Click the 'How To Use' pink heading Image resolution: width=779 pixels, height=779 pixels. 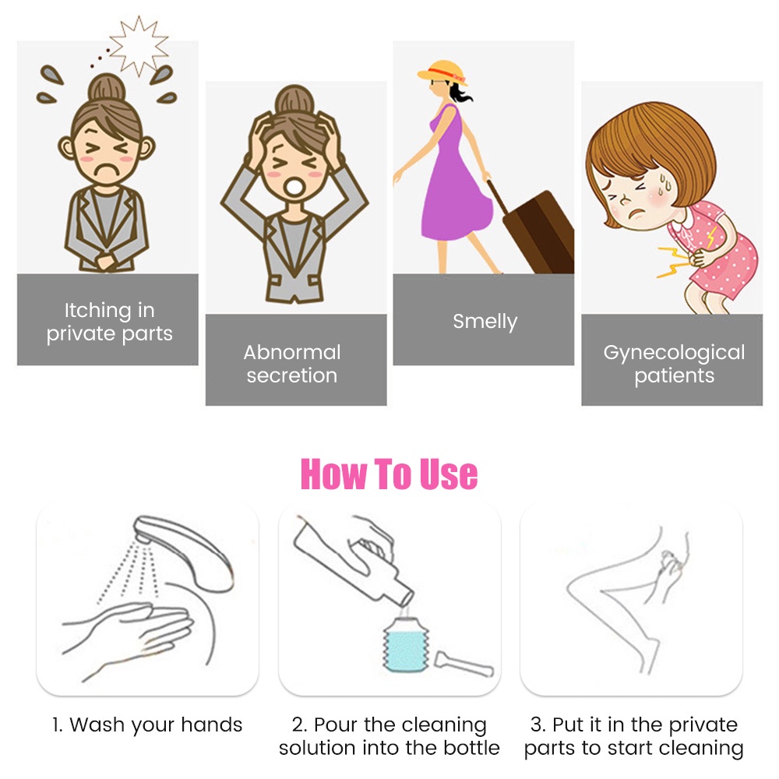[x=389, y=474]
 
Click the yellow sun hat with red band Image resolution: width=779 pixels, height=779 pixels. [x=442, y=72]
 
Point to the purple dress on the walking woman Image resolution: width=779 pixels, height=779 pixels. [x=455, y=188]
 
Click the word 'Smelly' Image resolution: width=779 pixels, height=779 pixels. [x=485, y=322]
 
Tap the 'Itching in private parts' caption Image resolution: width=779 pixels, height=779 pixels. [x=109, y=322]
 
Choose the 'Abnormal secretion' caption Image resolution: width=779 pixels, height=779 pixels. [x=292, y=364]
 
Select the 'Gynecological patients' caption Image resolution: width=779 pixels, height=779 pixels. [x=674, y=364]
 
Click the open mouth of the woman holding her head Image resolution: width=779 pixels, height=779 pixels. [x=294, y=187]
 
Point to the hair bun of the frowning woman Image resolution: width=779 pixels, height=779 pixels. [x=107, y=88]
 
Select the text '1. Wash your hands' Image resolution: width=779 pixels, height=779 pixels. [x=147, y=724]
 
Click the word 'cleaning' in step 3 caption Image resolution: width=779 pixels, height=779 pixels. [x=701, y=749]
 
